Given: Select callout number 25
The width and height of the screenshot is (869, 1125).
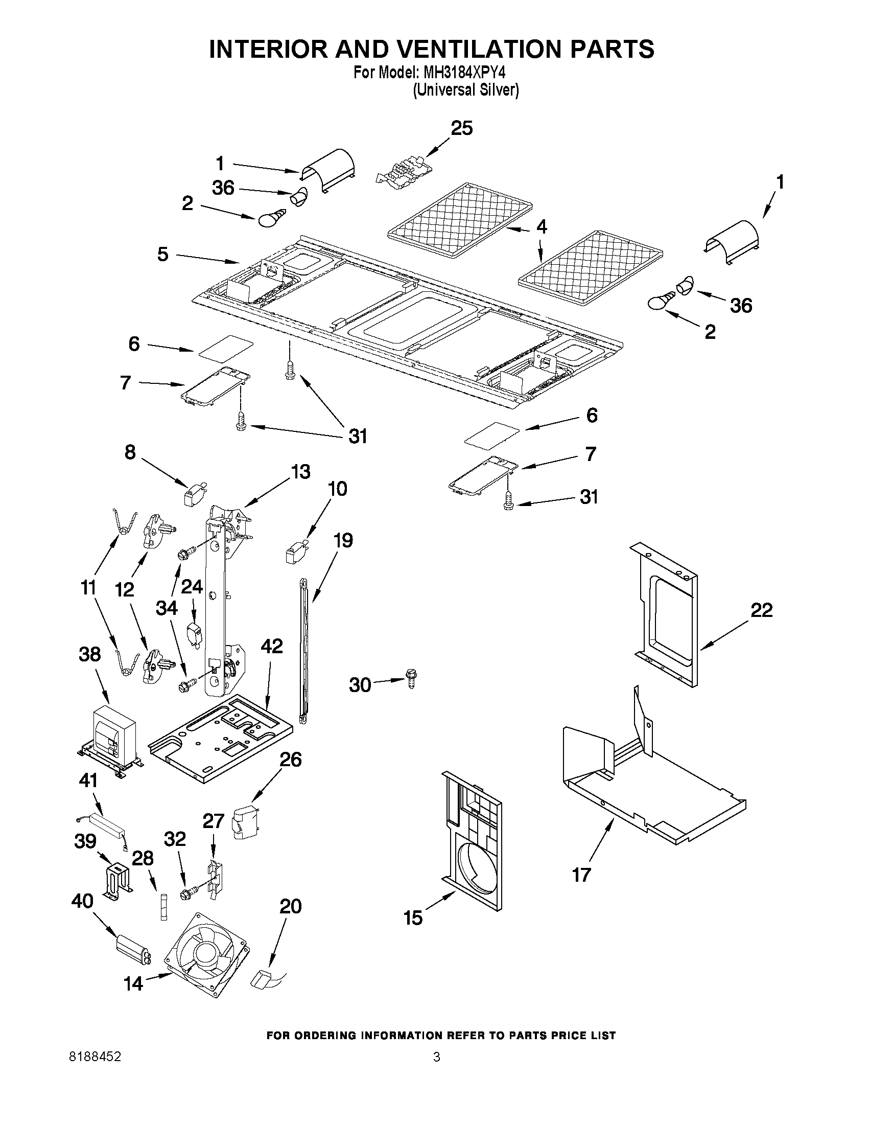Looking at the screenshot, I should (x=461, y=128).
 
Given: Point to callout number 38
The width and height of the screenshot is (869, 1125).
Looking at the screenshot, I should (x=89, y=655).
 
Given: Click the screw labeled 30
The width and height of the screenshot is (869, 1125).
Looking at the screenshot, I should (x=411, y=678).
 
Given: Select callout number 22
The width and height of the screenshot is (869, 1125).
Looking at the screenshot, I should (x=761, y=610).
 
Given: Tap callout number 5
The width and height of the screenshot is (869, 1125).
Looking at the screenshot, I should (x=162, y=255).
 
